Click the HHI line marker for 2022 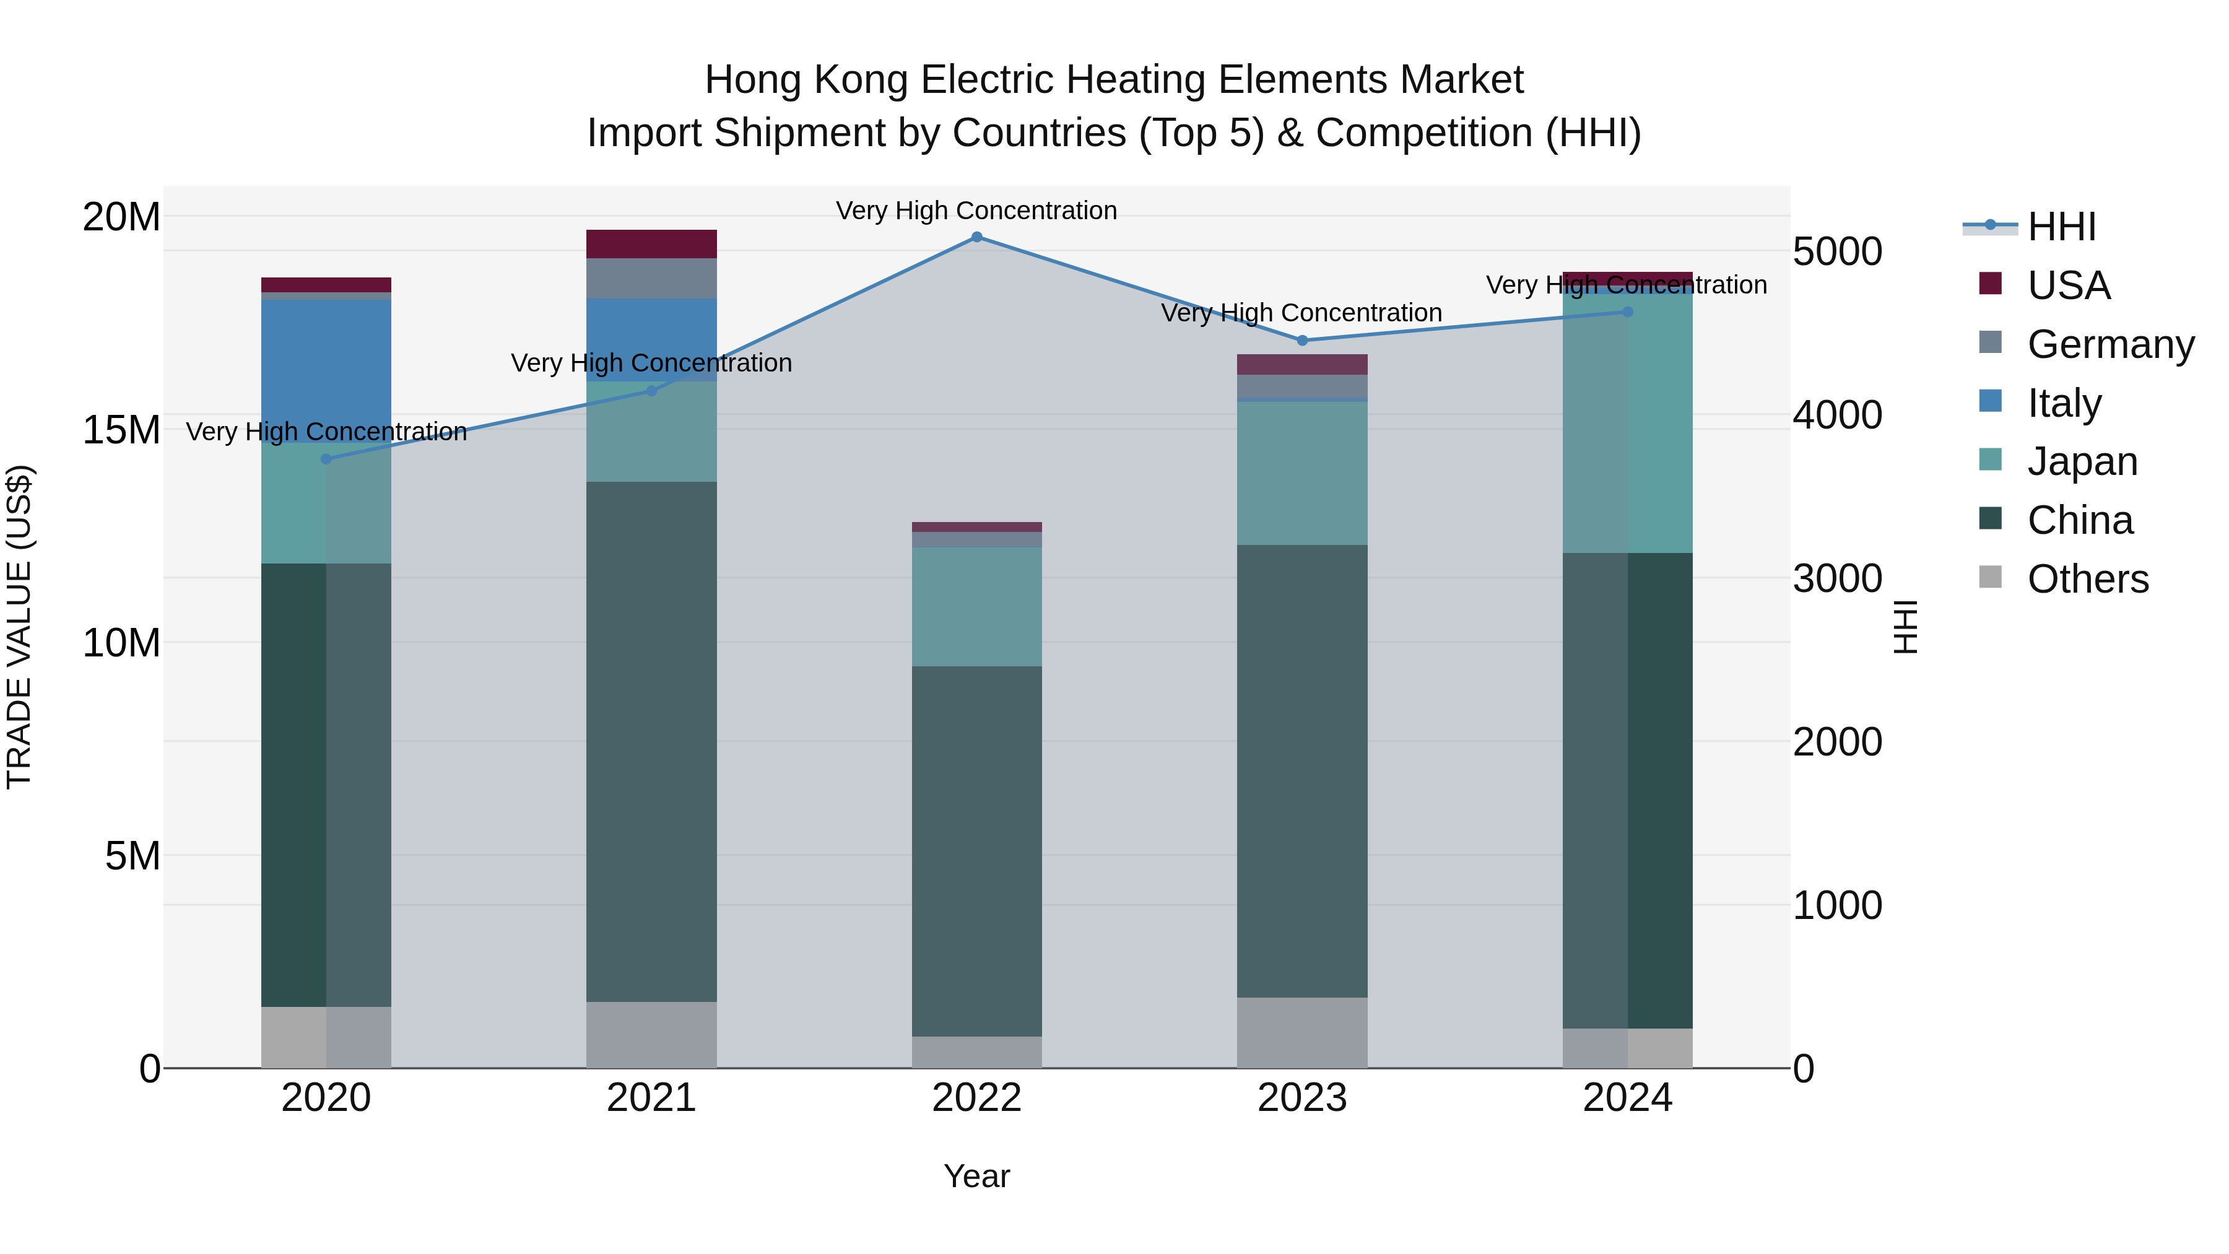(x=977, y=237)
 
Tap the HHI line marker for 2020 (x=326, y=459)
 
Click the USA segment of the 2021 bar (x=651, y=244)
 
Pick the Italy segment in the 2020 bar (x=326, y=370)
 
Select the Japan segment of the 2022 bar (x=977, y=606)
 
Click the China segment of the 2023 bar (x=1302, y=770)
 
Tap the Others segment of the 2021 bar (x=651, y=1034)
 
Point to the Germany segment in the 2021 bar (x=651, y=278)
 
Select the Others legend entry (x=2087, y=579)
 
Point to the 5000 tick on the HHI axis (x=1837, y=252)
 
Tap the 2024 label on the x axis (x=1627, y=1098)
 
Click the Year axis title (x=977, y=1176)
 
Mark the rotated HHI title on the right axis (x=1905, y=627)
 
